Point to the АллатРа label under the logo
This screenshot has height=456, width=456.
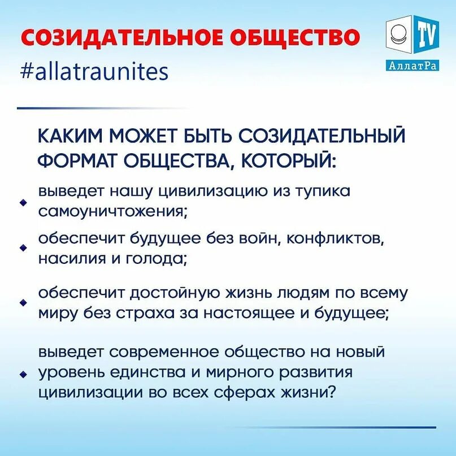414,66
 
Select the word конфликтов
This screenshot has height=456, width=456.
336,238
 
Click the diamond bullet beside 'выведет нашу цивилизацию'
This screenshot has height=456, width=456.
24,202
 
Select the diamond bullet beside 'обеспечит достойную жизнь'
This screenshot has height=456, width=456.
24,303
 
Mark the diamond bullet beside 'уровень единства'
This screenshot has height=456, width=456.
24,374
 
